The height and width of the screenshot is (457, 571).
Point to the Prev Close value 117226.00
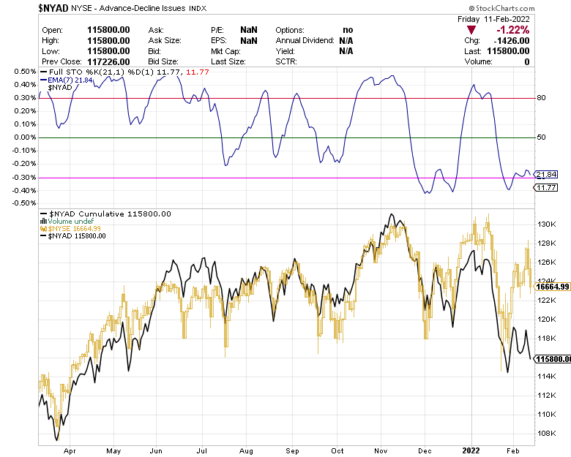click(109, 62)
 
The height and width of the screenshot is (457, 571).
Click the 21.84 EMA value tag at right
click(546, 175)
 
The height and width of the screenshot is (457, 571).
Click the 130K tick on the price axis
click(546, 224)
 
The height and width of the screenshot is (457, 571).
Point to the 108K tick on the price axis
click(546, 433)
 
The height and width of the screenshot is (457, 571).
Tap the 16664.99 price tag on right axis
click(553, 287)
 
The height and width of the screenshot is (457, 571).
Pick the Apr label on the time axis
click(70, 451)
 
